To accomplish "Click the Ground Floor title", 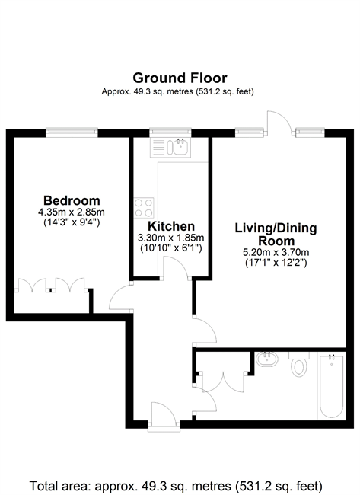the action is point(180,78).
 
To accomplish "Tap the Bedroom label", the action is point(72,200).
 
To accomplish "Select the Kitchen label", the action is point(171,226).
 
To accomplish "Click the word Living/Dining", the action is point(276,228).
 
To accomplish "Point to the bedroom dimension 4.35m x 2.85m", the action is point(72,212).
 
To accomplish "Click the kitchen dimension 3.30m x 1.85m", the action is point(171,238).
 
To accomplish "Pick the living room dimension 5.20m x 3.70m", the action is point(276,253).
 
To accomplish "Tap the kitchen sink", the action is point(170,148).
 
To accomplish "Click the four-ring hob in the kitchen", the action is point(144,208).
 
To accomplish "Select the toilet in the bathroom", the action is point(299,364).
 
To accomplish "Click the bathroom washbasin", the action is point(266,359).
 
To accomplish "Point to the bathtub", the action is point(331,387).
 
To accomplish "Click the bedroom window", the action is point(72,133).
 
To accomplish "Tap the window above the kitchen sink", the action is point(170,133).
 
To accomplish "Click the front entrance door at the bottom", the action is point(164,417).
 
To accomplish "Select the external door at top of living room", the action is point(279,123).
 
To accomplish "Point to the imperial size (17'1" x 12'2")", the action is point(276,263).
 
